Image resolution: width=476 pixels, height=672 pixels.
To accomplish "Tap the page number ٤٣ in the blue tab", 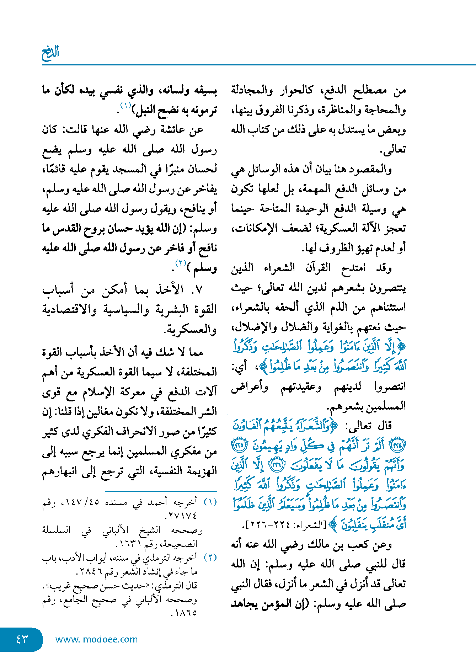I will pos(22,639).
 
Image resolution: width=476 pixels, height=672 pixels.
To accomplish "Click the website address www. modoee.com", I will pos(96,639).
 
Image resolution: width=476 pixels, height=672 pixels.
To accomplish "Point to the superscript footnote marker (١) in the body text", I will pos(126,105).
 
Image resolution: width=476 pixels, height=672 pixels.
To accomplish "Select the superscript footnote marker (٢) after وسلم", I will pos(181,263).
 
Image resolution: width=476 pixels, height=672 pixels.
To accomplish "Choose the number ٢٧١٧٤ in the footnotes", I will pos(183,516).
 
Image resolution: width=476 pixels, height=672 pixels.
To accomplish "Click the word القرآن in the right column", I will pos(318,268).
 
